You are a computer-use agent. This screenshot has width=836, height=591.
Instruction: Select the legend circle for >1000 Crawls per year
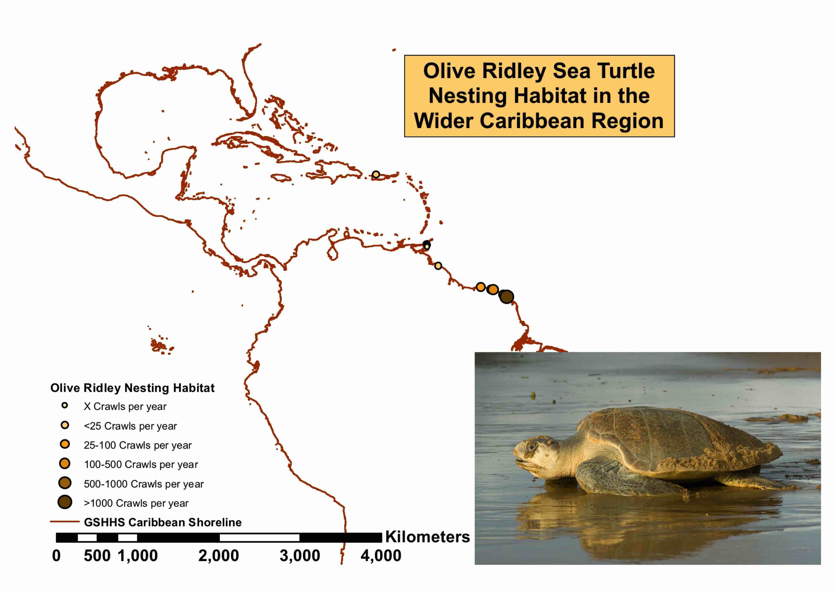click(x=65, y=502)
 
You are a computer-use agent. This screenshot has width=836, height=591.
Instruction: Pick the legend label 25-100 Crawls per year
click(x=137, y=445)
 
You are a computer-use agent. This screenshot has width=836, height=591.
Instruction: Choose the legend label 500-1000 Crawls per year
click(x=144, y=484)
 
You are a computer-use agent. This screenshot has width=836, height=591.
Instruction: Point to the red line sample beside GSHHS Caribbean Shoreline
click(x=64, y=521)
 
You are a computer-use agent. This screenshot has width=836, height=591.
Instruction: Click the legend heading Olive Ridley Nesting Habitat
click(x=132, y=388)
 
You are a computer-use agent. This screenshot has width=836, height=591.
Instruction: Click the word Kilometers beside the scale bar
click(x=427, y=537)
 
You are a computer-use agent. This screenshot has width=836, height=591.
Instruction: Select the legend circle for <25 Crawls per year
click(x=65, y=425)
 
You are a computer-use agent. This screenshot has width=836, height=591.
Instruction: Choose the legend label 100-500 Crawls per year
click(x=141, y=464)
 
